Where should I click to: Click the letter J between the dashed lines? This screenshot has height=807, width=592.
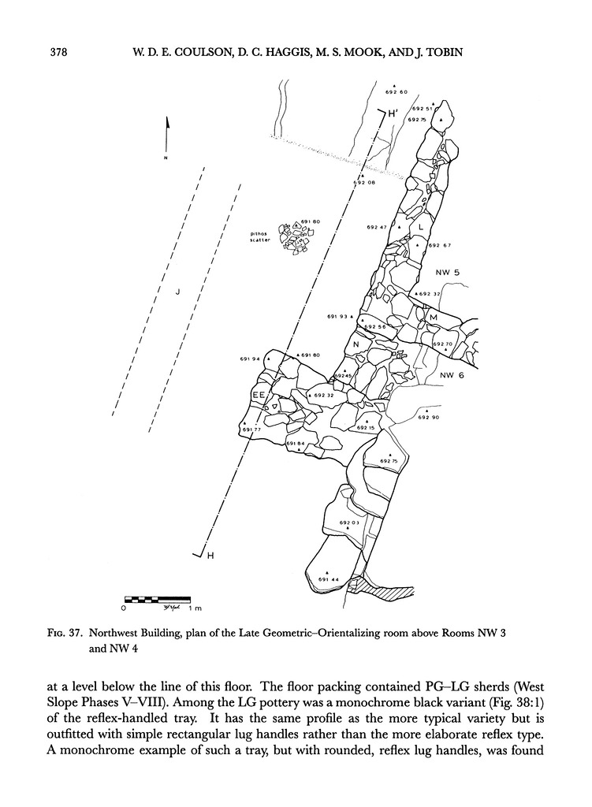tap(178, 292)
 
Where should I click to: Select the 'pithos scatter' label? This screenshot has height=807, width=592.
tap(260, 237)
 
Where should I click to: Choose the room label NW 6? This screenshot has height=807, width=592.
tap(452, 374)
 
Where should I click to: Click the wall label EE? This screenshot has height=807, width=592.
tap(259, 393)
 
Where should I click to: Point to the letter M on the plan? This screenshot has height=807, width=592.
tap(433, 317)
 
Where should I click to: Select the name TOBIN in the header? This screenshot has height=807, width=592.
tap(438, 54)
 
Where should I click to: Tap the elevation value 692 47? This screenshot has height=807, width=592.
tap(377, 227)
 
